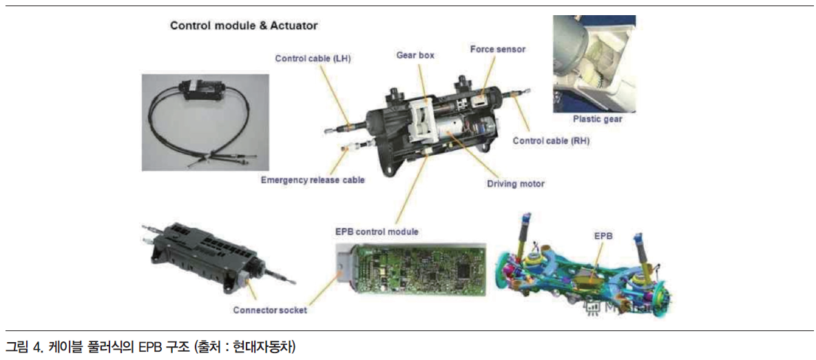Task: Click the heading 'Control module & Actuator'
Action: click(x=244, y=25)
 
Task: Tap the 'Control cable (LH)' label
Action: click(x=313, y=59)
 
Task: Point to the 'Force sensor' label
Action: click(x=497, y=50)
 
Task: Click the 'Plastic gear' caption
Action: click(x=598, y=119)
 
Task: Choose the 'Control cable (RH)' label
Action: click(x=551, y=140)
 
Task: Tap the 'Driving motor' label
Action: click(x=516, y=184)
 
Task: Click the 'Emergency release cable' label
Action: click(x=313, y=180)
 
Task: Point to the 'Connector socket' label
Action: click(x=270, y=310)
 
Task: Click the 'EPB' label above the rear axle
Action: click(x=603, y=235)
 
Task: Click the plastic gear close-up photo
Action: click(x=594, y=64)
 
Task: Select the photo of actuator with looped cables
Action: click(x=206, y=123)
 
